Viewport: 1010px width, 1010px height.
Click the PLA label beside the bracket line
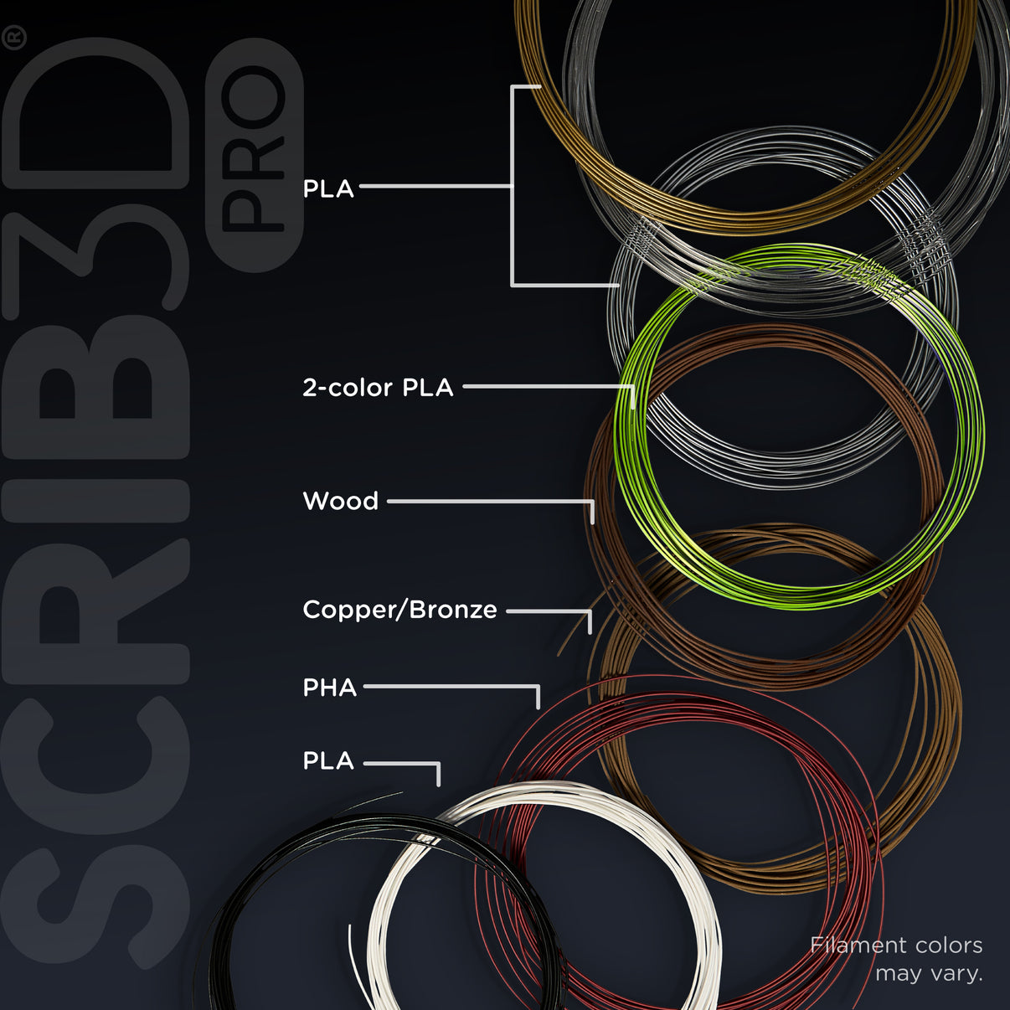[328, 188]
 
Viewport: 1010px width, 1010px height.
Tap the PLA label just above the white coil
[328, 760]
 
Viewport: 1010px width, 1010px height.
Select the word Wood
[341, 501]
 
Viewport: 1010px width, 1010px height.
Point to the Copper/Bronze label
[400, 610]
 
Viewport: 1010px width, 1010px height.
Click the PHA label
[330, 688]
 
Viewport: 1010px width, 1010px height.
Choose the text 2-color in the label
[348, 388]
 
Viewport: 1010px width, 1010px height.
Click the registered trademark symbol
[14, 40]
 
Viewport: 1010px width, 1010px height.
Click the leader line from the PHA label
[451, 687]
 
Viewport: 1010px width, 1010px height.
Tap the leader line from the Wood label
[491, 502]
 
